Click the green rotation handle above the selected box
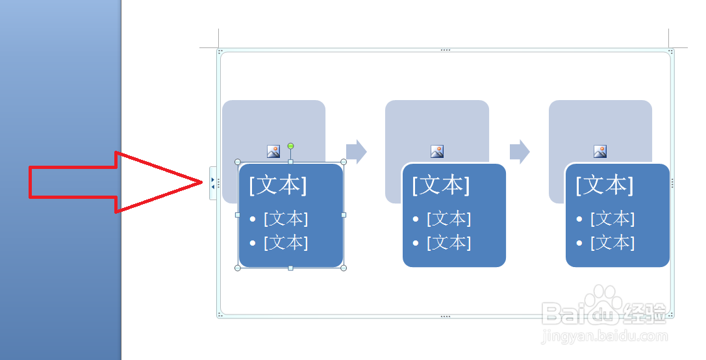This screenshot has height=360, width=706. pos(290,146)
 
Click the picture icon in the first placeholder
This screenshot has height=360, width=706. pos(273,151)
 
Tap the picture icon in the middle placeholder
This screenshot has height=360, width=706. pos(437,151)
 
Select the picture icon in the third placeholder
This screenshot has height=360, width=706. pos(600,151)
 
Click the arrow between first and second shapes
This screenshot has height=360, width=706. pos(356,151)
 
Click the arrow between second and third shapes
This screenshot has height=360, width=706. pos(520,151)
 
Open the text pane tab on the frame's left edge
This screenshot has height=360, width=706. pos(212,183)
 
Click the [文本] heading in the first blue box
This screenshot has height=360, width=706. pos(278,185)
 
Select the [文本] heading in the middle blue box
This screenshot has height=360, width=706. pos(441,185)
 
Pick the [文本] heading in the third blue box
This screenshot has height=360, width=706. pos(605,185)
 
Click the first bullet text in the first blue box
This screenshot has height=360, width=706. pos(286,218)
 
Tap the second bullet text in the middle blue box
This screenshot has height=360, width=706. pos(449,242)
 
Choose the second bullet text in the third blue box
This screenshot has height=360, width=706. pos(612,242)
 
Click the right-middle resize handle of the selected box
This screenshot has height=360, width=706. pos(344,214)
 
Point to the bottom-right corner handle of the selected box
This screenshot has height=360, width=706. pos(344,268)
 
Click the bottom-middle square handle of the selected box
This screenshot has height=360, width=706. pos(290,268)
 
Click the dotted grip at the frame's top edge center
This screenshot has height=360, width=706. pos(445,49)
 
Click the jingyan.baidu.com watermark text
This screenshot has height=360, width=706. pos(605,337)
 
